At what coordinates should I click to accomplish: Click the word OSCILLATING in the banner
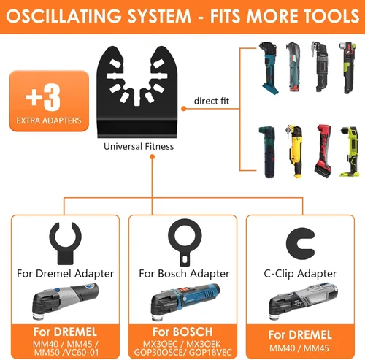pos(64,16)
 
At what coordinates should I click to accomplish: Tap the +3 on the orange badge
pos(43,97)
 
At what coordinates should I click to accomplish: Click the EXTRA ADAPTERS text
pos(49,120)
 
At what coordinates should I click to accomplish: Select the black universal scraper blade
pos(137,92)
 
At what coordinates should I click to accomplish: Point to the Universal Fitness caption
pos(139,147)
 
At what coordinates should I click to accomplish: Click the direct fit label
pos(212,101)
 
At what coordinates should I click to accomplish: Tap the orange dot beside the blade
pos(184,109)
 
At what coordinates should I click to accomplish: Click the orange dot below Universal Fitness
pos(153,157)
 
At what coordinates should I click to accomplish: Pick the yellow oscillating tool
pos(295,151)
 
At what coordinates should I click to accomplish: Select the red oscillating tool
pos(323,150)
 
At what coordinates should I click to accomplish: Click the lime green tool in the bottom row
pos(350,151)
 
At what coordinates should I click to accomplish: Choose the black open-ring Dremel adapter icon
pos(65,243)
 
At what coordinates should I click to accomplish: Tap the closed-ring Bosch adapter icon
pos(185,242)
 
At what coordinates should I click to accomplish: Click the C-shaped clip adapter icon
pos(300,243)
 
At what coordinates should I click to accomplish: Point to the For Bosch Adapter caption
pos(184,274)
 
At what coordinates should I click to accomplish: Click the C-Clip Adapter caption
pos(300,274)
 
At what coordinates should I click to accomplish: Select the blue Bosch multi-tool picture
pos(185,302)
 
